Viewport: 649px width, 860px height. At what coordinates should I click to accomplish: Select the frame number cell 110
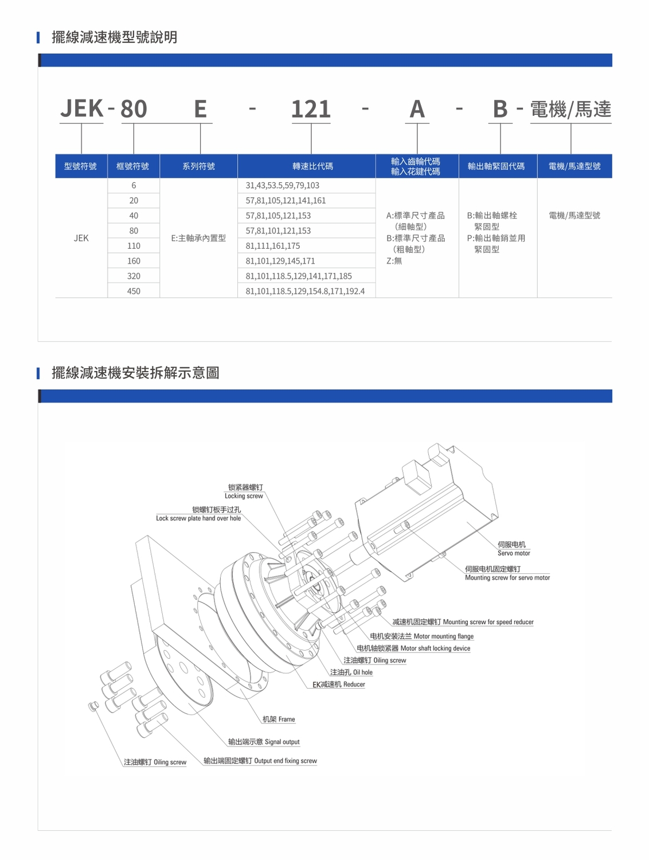coord(134,245)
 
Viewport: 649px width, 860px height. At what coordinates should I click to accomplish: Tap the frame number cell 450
coord(134,291)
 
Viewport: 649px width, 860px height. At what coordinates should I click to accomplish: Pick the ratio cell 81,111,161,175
coord(272,245)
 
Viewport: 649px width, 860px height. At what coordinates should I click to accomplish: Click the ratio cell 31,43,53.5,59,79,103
coord(282,185)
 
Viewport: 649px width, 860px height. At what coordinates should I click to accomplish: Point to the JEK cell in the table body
coord(81,238)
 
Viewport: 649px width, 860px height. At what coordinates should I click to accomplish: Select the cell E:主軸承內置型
coord(198,238)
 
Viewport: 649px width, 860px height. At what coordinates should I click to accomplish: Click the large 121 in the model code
coord(311,109)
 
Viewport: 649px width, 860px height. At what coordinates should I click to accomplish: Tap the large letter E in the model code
coord(200,109)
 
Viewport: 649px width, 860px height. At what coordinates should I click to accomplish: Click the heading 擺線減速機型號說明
coord(114,37)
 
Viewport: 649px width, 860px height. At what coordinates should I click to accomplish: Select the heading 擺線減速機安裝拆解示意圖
coord(135,373)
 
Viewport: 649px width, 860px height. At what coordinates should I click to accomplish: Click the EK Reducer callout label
coord(338,685)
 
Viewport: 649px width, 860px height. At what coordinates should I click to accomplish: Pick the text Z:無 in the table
coord(394,261)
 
